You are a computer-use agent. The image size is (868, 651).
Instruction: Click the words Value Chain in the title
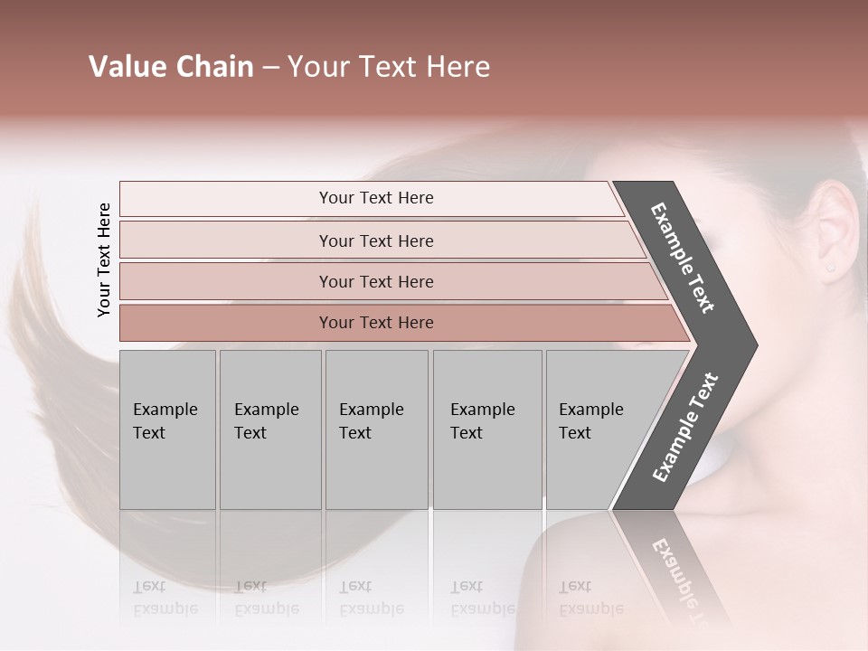171,67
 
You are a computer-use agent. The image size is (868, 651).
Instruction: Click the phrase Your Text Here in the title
388,67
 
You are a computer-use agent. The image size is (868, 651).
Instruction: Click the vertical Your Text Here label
104,259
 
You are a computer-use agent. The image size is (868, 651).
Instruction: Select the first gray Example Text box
167,429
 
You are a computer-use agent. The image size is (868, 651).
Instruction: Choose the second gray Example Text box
269,429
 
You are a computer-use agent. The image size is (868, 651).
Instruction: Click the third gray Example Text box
376,429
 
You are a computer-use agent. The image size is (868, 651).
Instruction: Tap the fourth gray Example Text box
486,429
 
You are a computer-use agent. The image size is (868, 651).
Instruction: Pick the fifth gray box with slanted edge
597,429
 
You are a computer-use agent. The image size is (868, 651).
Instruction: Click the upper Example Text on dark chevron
684,258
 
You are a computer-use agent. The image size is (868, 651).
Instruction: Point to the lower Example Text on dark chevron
685,428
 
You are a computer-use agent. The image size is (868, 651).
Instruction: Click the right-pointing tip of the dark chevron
752,345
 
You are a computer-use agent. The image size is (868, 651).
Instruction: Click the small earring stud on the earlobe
830,268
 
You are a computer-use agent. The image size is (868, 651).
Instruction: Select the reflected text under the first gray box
165,598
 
